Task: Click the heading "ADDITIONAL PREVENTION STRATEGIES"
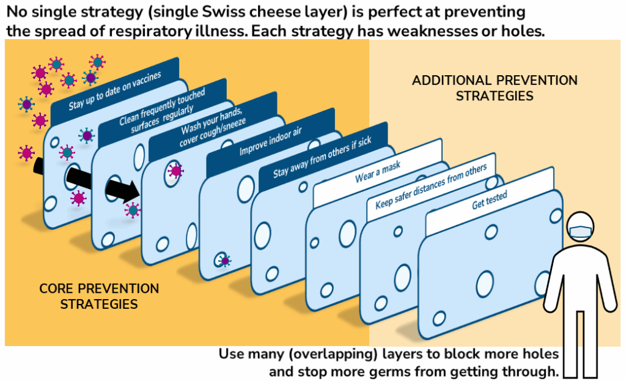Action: click(x=495, y=88)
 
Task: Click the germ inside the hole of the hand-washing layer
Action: click(x=175, y=171)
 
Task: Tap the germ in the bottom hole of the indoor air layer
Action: click(x=225, y=261)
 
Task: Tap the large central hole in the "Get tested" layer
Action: click(x=485, y=283)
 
